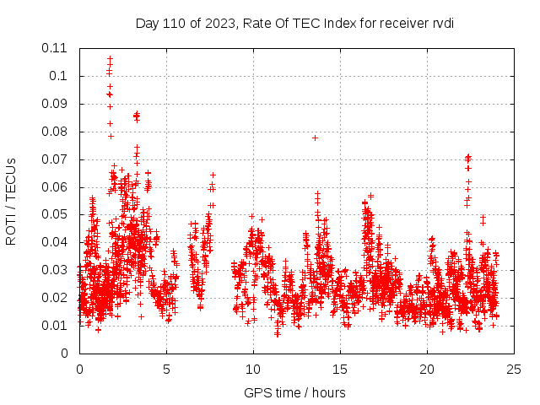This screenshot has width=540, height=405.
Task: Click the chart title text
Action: (294, 23)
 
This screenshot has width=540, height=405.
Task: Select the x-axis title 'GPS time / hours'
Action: (294, 392)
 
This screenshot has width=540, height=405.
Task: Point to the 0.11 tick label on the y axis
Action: (56, 48)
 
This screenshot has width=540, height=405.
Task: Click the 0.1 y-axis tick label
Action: (61, 76)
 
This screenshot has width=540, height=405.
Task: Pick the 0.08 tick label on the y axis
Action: (56, 132)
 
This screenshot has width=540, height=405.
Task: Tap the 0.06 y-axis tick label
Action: (56, 186)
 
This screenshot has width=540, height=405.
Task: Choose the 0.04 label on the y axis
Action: (56, 242)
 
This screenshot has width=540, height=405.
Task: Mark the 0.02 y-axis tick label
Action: (56, 298)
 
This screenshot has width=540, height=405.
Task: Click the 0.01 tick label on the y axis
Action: (56, 326)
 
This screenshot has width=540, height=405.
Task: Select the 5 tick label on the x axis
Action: (166, 370)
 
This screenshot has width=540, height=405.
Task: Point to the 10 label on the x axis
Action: (253, 370)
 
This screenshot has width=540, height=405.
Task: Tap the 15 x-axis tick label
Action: (340, 370)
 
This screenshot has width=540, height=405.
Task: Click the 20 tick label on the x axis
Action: (427, 370)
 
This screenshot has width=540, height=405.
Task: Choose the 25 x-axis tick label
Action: (514, 370)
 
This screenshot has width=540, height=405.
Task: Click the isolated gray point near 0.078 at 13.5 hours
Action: (315, 138)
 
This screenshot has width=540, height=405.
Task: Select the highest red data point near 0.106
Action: (110, 59)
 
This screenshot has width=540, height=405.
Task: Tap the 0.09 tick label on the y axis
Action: (56, 104)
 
